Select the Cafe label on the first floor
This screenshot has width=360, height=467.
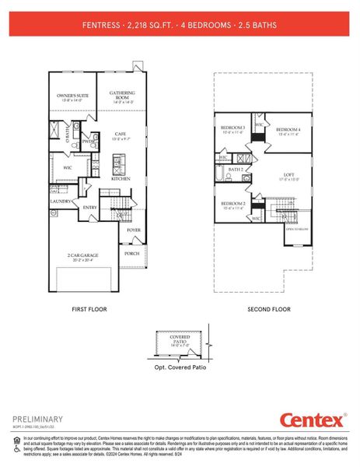121,135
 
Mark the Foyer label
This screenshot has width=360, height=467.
134,230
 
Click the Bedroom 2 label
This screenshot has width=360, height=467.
232,205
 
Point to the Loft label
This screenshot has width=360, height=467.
288,176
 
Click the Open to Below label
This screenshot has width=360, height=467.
296,229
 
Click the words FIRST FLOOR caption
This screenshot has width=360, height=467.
88,309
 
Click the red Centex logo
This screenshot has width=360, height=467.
314,421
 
